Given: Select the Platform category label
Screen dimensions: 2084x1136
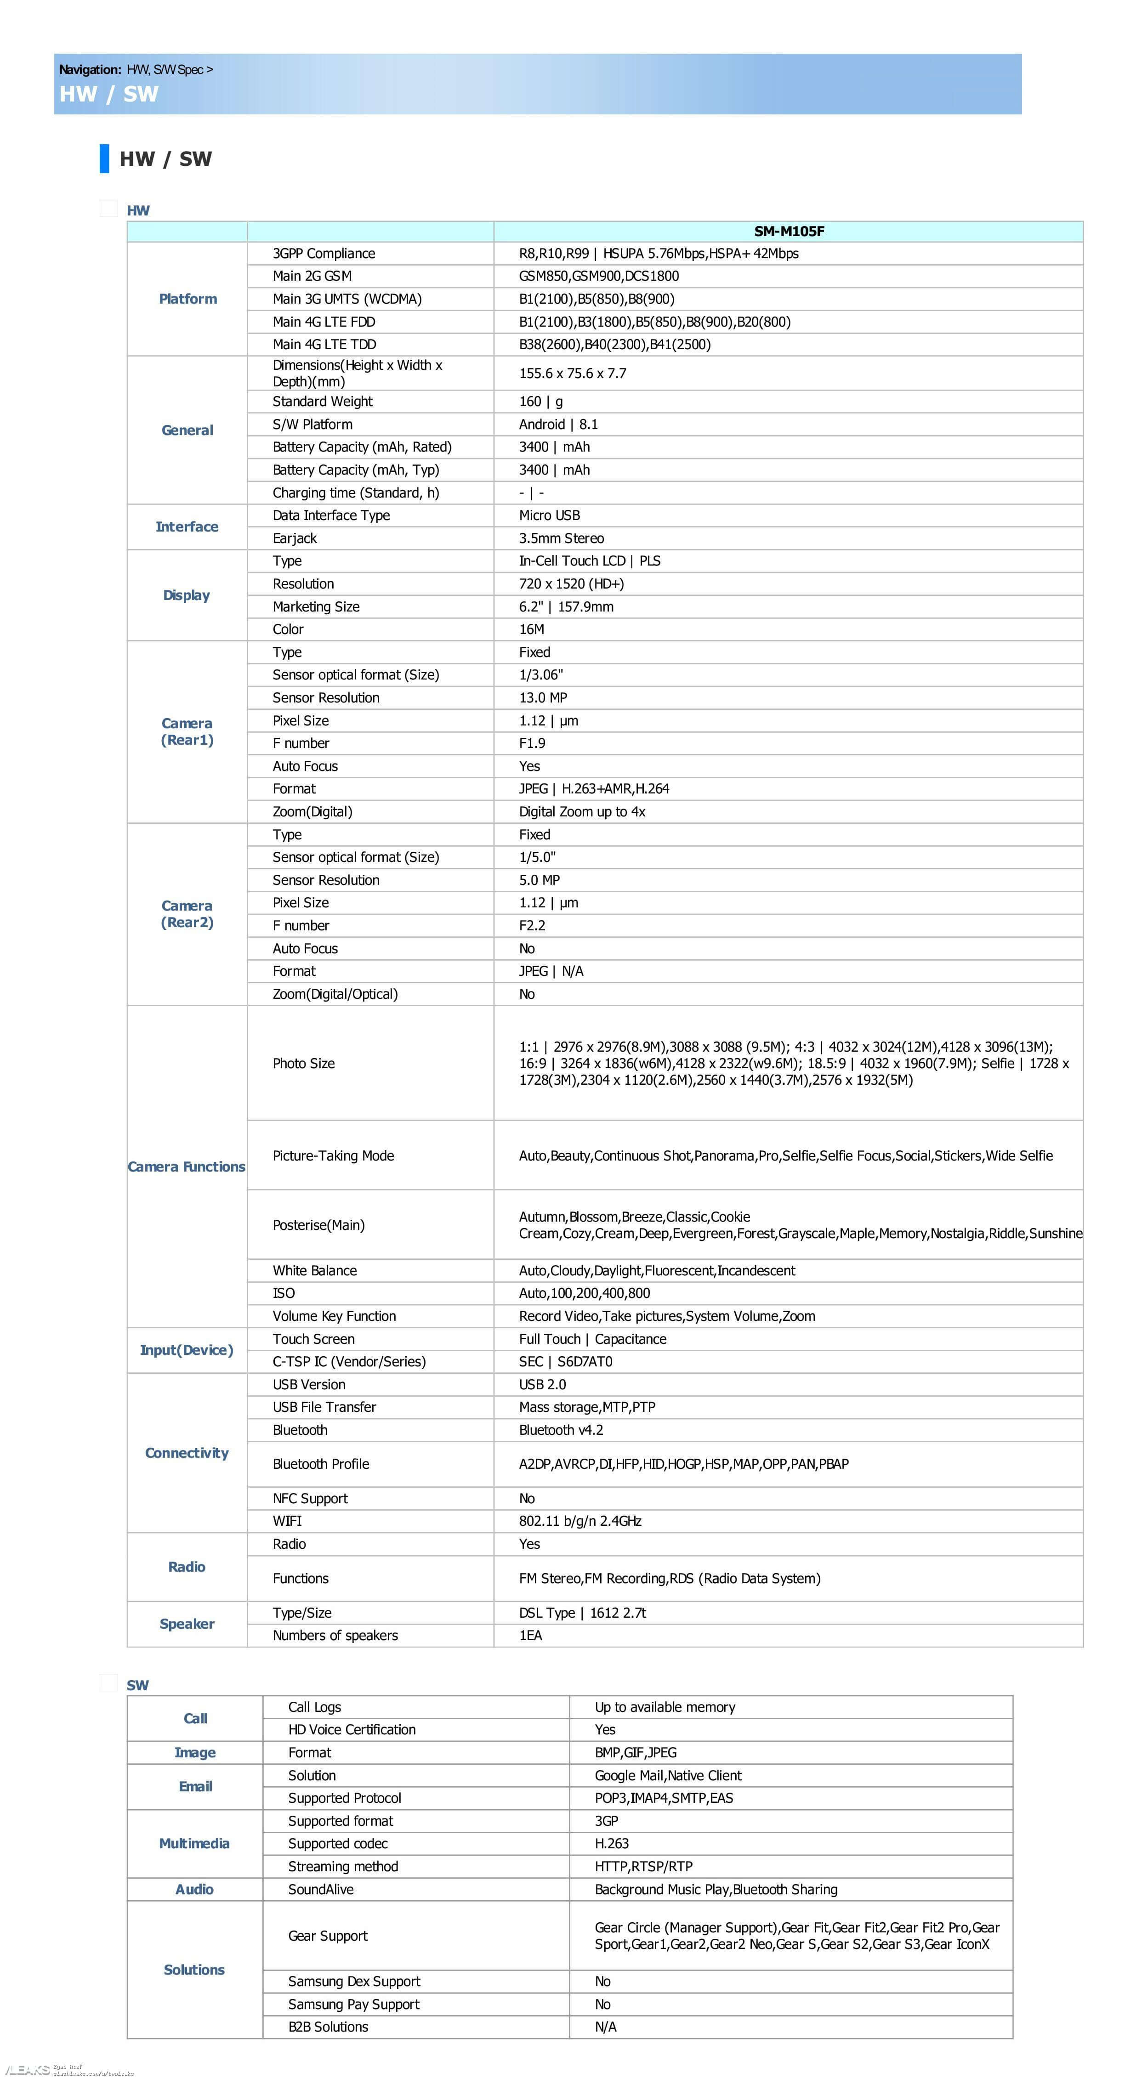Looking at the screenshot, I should click(187, 299).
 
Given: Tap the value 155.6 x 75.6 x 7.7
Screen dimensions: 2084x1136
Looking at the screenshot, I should click(572, 373).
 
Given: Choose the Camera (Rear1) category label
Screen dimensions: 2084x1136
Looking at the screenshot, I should click(187, 731).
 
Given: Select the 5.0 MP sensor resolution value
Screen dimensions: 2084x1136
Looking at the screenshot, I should click(539, 879).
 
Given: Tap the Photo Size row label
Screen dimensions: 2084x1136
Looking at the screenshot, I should click(303, 1063).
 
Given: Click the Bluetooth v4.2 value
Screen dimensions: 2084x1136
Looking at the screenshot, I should click(561, 1429).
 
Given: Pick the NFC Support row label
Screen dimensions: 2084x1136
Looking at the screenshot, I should click(310, 1498).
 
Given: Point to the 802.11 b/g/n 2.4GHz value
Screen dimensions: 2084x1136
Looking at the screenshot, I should click(579, 1521).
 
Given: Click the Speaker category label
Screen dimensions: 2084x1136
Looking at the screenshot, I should click(187, 1624).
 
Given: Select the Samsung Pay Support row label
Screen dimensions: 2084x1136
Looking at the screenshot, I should click(353, 2004).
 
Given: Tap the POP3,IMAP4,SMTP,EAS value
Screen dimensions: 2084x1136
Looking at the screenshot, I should click(664, 1798).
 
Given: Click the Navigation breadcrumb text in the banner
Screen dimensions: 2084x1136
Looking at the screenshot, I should click(136, 69).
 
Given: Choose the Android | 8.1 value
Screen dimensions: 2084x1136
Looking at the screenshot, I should click(558, 424).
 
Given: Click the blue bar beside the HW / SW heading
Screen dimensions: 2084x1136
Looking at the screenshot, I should click(104, 159).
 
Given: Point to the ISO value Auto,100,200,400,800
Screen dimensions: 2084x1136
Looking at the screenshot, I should click(584, 1293).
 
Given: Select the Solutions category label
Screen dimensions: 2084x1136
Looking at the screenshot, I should click(194, 1969).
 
